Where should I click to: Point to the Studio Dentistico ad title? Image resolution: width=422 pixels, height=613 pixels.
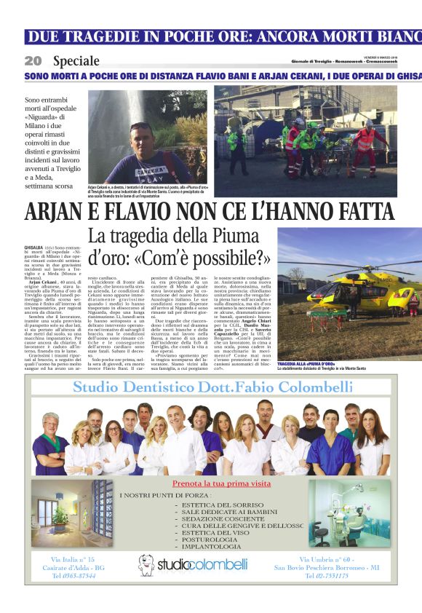pos(211,386)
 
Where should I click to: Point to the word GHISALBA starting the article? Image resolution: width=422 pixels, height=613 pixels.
pos(35,248)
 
